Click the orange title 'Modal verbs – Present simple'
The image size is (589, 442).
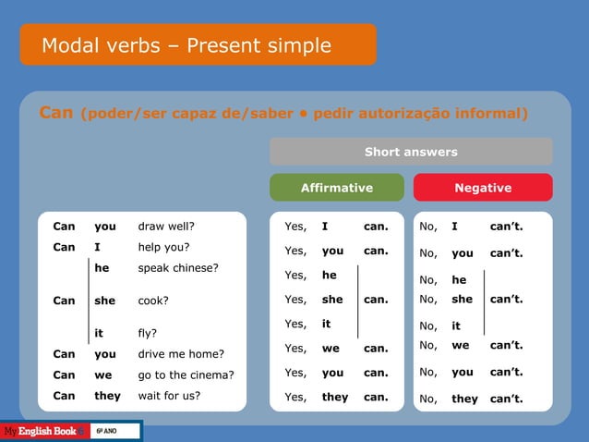tap(186, 45)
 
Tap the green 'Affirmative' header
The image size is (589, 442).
tap(337, 188)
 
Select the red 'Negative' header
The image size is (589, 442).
tap(483, 188)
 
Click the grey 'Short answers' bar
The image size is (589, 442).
tap(411, 152)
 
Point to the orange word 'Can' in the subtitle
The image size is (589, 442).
tap(55, 113)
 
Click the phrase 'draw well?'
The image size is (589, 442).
tap(166, 226)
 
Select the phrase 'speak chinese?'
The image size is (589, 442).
tap(178, 268)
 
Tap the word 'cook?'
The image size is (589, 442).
tap(153, 301)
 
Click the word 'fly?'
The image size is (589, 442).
tap(147, 333)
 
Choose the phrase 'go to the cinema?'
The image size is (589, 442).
tap(186, 375)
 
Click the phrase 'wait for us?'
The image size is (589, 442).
tap(169, 396)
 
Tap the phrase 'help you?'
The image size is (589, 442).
tap(163, 247)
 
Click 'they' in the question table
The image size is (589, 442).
tap(107, 396)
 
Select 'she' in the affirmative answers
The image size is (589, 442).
tap(332, 300)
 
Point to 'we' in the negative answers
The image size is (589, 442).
tap(459, 346)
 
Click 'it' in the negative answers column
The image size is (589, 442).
tap(456, 325)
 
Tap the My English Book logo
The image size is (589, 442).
tap(43, 431)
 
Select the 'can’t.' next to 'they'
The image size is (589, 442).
tap(507, 399)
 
